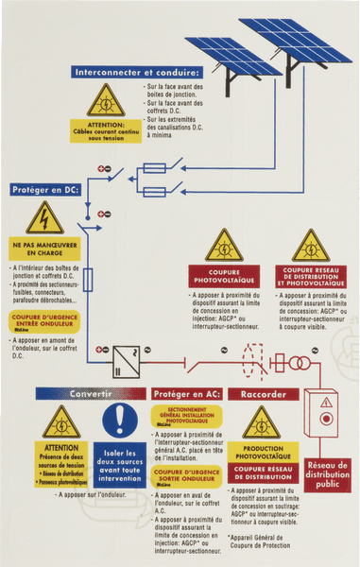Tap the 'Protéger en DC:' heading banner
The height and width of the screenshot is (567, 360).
(x=46, y=190)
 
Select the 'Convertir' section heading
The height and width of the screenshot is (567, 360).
(x=91, y=393)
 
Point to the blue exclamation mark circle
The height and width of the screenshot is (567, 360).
(x=120, y=420)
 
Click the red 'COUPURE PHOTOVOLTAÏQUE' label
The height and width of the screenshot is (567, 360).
(x=224, y=277)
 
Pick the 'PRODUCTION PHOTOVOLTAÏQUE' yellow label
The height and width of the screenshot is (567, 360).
(x=264, y=452)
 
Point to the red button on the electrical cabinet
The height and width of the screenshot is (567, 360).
(x=327, y=417)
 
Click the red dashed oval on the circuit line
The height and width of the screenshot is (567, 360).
(x=251, y=363)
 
